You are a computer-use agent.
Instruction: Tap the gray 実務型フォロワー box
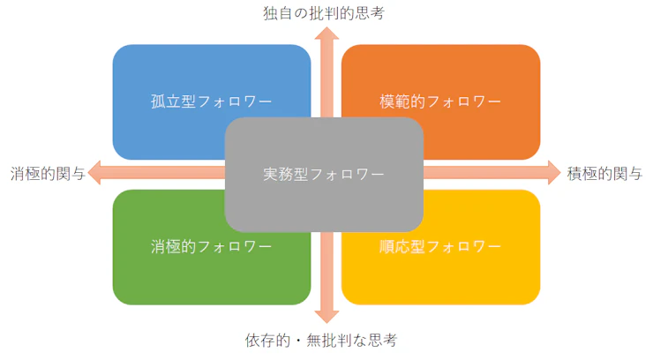tap(324, 174)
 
